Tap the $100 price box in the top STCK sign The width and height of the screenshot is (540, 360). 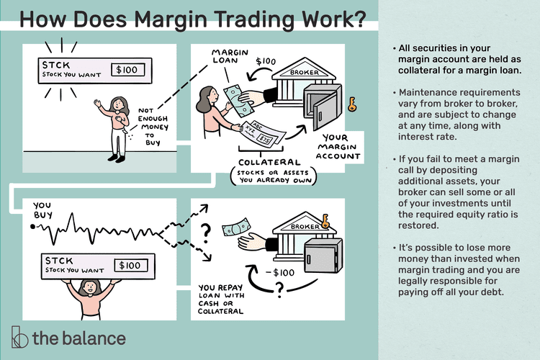click(129, 71)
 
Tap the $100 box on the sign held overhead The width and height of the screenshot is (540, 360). click(128, 265)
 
